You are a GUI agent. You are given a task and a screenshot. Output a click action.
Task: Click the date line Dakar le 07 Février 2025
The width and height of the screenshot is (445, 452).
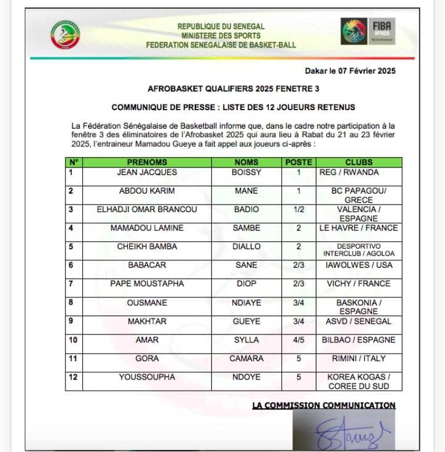tap(350, 71)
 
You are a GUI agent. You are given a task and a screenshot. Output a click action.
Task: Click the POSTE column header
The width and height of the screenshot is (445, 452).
tap(299, 163)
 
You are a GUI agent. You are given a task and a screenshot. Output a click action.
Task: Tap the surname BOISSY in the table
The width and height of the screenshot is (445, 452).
tap(247, 173)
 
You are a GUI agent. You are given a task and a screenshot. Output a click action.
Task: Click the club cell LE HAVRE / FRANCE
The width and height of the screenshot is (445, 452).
tap(358, 228)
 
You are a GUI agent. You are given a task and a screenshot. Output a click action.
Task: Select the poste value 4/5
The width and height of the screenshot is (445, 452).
tap(299, 340)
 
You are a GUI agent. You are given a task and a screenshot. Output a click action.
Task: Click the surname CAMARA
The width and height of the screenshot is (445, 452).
tap(247, 359)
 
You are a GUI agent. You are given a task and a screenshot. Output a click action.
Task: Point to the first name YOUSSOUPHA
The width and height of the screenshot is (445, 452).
tap(147, 377)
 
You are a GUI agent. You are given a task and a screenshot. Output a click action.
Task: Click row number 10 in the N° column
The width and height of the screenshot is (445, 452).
tap(73, 340)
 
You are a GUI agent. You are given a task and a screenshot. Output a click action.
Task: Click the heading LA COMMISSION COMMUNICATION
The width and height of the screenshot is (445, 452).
tap(324, 406)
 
